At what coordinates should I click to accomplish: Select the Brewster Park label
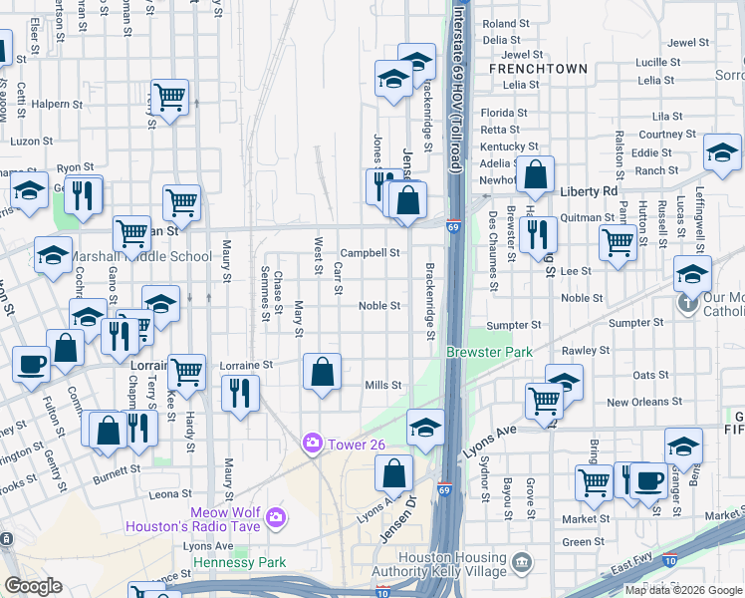tap(489, 352)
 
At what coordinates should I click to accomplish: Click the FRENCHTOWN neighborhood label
tap(537, 69)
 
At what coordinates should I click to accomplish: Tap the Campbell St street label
tap(370, 253)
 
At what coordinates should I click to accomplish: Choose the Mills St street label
tap(382, 385)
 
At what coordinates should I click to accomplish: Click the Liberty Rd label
tap(590, 190)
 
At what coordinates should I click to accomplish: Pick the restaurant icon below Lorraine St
tap(240, 392)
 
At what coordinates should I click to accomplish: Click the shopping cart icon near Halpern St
tap(170, 97)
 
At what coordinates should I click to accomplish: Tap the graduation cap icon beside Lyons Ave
tap(425, 429)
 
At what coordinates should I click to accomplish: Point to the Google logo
tap(33, 585)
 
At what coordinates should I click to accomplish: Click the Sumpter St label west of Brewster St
tap(513, 325)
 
